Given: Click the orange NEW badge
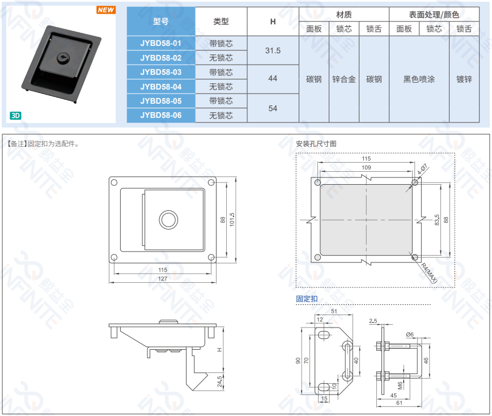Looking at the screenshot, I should click(x=106, y=10).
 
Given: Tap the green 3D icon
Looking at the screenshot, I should click(x=15, y=116).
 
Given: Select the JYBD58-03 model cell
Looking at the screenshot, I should click(x=161, y=72).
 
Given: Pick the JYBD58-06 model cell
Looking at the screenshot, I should click(x=161, y=115).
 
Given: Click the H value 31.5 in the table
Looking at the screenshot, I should click(x=273, y=50).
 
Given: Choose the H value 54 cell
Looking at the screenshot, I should click(x=273, y=108).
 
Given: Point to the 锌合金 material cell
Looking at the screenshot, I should click(x=344, y=79).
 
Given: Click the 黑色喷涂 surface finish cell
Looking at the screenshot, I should click(x=419, y=79).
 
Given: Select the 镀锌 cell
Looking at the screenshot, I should click(x=464, y=79).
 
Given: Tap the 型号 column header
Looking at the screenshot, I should click(x=161, y=22).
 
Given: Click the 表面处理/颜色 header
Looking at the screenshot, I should click(x=434, y=14).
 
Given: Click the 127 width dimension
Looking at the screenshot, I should click(x=163, y=278).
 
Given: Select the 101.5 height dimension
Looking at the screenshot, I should click(x=232, y=220).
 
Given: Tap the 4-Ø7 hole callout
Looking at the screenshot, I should click(x=422, y=170).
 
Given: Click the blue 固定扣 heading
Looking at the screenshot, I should click(x=307, y=299).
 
